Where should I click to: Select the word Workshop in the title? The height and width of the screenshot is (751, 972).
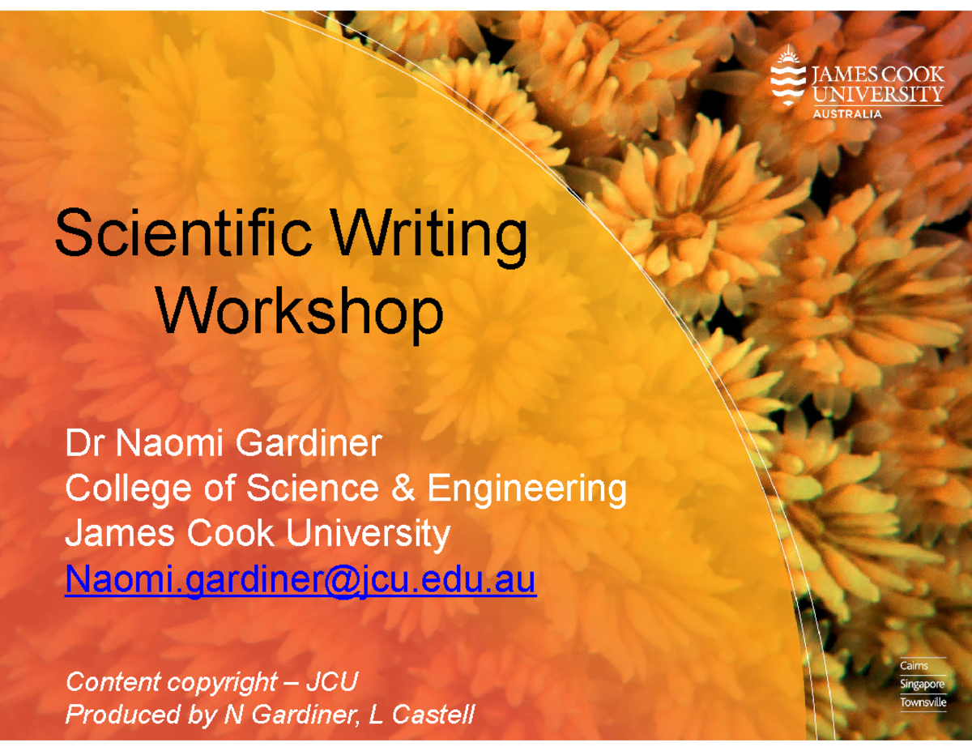[x=301, y=313]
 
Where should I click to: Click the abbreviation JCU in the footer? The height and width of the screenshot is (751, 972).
[x=330, y=682]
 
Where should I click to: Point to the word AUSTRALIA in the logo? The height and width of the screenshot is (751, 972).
[x=847, y=114]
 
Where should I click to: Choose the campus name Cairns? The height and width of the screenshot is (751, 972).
[x=914, y=666]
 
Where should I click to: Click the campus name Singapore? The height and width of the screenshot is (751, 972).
[x=923, y=685]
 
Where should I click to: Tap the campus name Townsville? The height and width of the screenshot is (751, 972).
[x=923, y=702]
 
